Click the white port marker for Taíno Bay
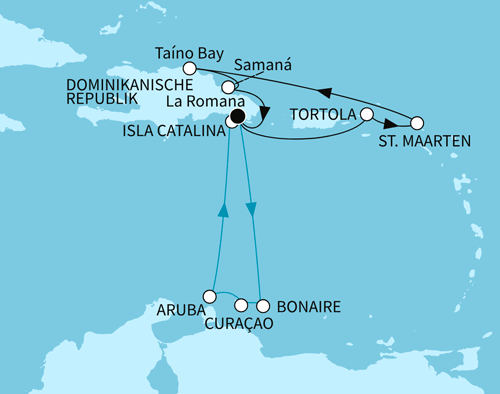click(x=190, y=69)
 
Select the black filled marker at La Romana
click(x=237, y=116)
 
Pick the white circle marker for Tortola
click(x=367, y=115)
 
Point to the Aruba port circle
click(x=209, y=295)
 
